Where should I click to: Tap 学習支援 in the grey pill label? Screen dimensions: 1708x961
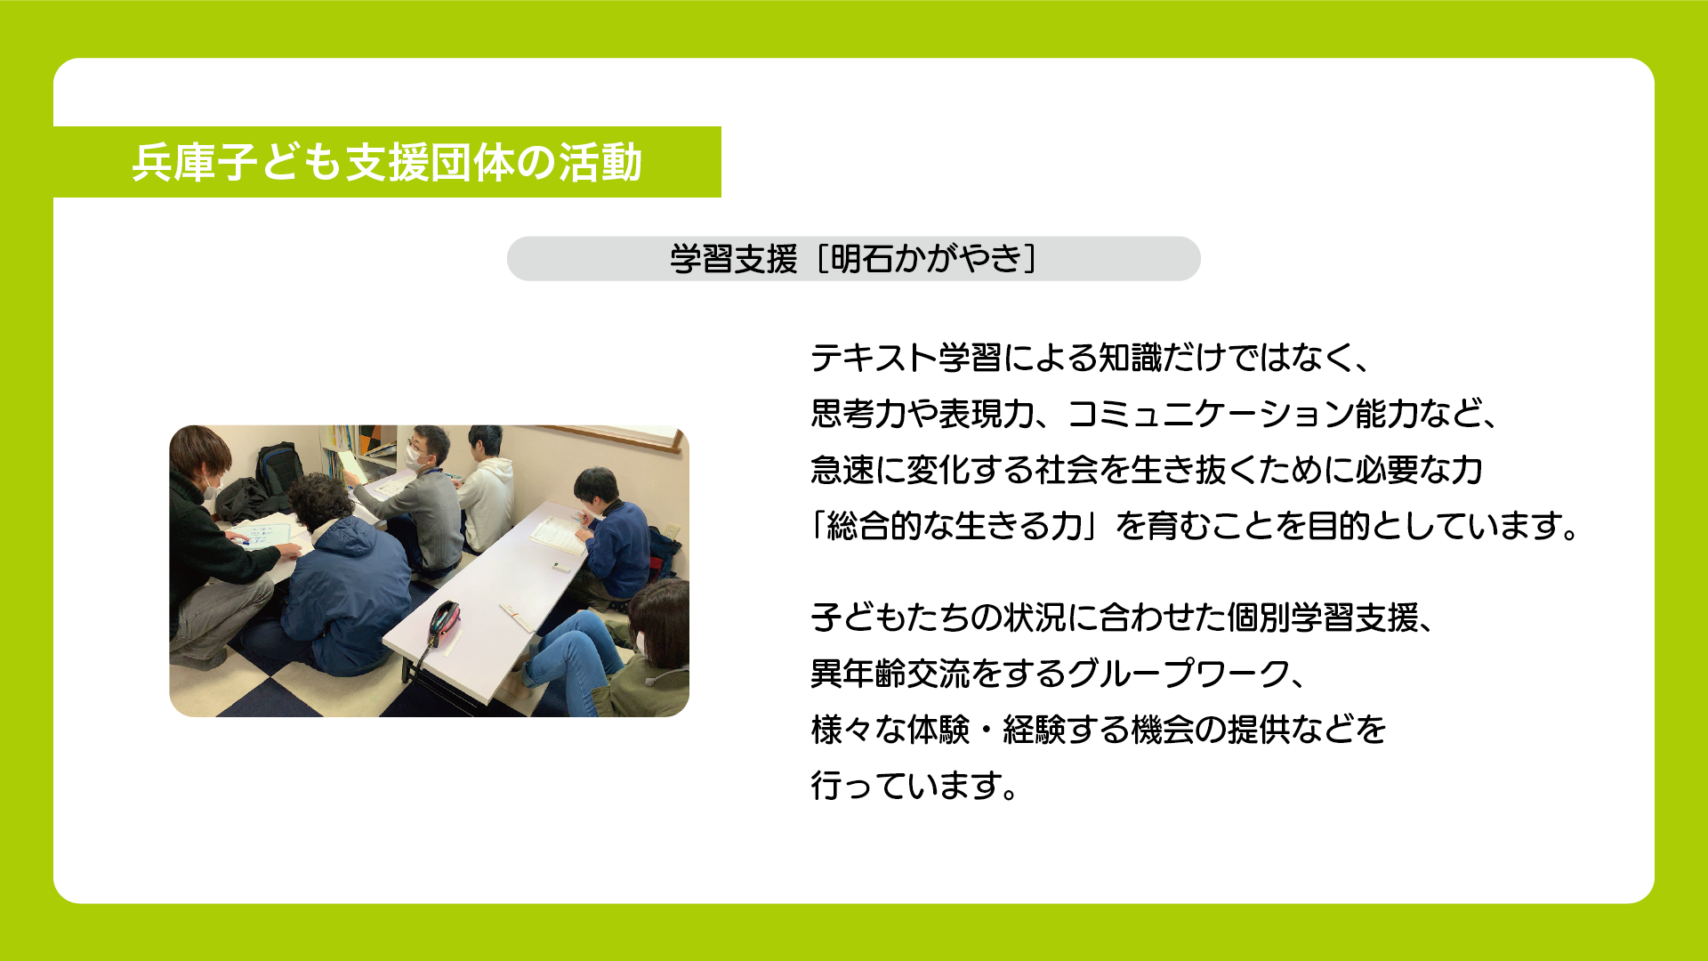(x=734, y=259)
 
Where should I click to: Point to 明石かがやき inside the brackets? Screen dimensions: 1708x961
(x=926, y=259)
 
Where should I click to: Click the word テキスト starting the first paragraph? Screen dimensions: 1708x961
(x=874, y=358)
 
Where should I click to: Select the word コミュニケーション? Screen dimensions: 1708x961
(x=1211, y=414)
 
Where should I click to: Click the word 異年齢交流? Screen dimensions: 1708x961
(x=890, y=674)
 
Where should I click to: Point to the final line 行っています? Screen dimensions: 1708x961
(x=914, y=786)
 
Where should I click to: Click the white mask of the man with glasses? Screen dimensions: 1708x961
(x=417, y=456)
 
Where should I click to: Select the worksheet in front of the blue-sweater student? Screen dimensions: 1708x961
(x=558, y=535)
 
